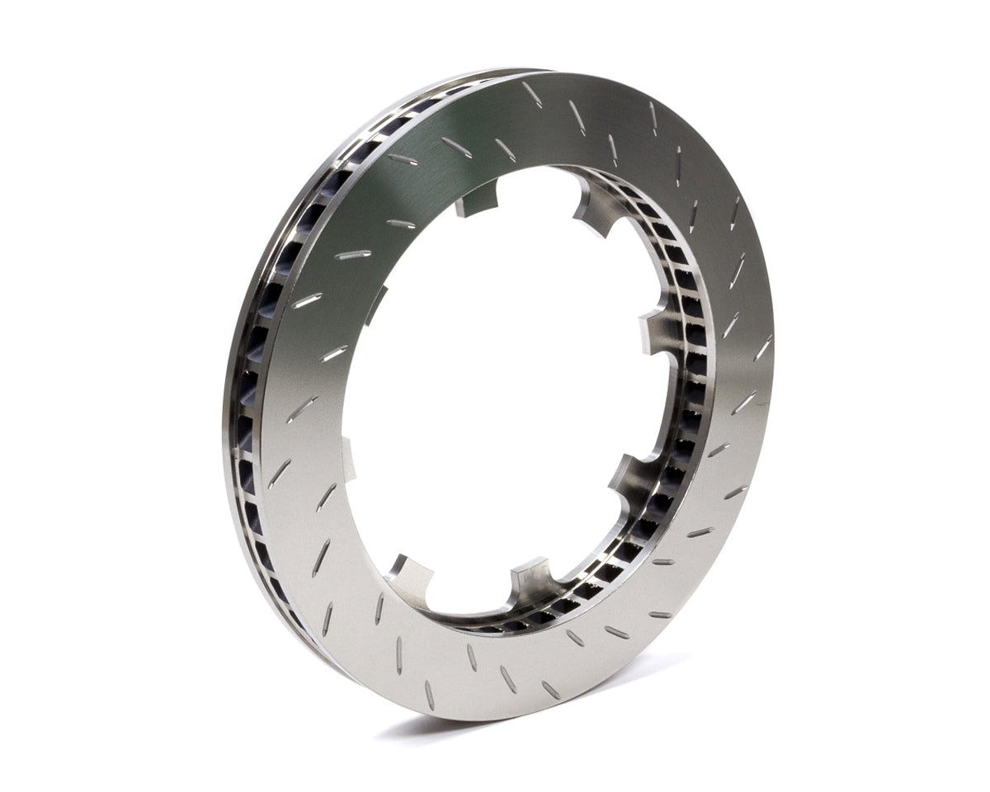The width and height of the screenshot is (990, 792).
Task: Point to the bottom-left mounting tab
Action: pos(410,573)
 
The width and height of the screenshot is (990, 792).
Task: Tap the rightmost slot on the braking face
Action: pos(764,346)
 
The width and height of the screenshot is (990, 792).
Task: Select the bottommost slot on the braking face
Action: pos(429,695)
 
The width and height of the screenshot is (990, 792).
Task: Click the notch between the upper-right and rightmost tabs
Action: pos(639,264)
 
